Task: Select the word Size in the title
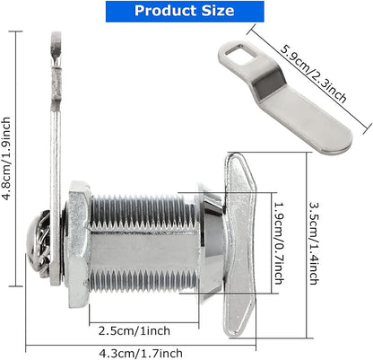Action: click(x=217, y=12)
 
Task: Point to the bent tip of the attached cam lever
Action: click(x=53, y=54)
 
